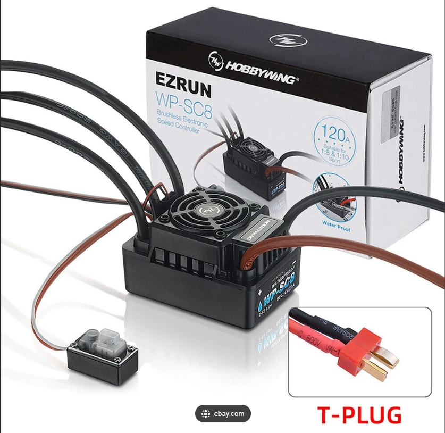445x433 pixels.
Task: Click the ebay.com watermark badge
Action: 223,413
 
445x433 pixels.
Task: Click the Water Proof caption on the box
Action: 336,224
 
